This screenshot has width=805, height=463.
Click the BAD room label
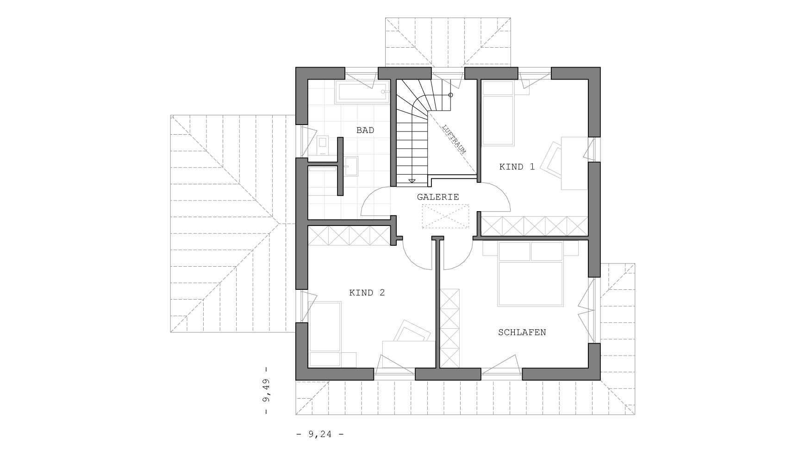[x=365, y=131]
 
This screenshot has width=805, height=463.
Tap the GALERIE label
[x=437, y=197]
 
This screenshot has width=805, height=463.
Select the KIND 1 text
[x=517, y=167]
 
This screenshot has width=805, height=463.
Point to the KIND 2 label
[x=367, y=293]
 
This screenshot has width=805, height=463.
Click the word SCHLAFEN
[x=522, y=332]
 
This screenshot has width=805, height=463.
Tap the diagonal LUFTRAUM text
[x=454, y=139]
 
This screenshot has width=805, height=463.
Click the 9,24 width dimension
[x=320, y=434]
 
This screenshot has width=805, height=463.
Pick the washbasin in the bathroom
[x=351, y=166]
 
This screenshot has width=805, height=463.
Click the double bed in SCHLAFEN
[x=530, y=278]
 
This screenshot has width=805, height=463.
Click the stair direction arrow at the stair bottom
[x=412, y=181]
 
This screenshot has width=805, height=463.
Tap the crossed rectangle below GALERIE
[x=445, y=216]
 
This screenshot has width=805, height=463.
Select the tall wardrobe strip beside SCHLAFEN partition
[x=449, y=328]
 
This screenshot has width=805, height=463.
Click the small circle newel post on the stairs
[x=450, y=95]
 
